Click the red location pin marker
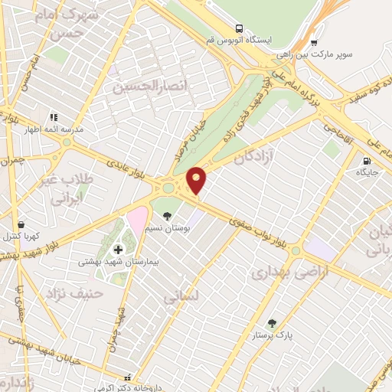click(x=197, y=180)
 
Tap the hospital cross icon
click(x=119, y=250)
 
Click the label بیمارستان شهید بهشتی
click(x=108, y=262)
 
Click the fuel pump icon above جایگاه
click(x=367, y=162)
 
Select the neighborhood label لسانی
click(x=183, y=297)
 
